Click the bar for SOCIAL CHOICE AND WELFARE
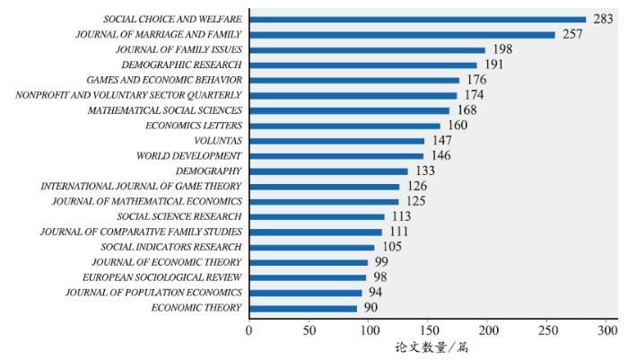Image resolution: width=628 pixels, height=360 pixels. [x=417, y=19]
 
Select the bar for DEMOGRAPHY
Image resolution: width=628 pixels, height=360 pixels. [x=328, y=171]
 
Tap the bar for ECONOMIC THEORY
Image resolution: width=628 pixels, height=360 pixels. [x=303, y=308]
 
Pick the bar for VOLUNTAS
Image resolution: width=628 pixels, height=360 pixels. [x=336, y=141]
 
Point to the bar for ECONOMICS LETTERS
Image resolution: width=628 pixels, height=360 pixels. [x=345, y=126]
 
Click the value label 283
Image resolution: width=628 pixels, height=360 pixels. [x=602, y=19]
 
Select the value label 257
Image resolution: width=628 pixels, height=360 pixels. [x=572, y=34]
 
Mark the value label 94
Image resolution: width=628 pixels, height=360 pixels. [x=375, y=293]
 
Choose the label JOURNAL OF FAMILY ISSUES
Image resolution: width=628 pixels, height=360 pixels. [x=179, y=49]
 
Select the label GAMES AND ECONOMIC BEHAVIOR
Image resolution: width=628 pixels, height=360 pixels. [x=164, y=80]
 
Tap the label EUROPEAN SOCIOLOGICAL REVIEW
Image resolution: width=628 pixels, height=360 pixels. [x=162, y=277]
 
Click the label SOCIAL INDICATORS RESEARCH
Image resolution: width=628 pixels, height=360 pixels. [x=171, y=247]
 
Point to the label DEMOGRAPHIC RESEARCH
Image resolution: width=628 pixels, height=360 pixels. [x=182, y=65]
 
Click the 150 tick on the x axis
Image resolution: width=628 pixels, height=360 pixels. [x=428, y=329]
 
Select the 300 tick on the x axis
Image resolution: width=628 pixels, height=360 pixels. [x=606, y=329]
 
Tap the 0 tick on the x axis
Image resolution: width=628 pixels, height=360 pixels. [x=249, y=329]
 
